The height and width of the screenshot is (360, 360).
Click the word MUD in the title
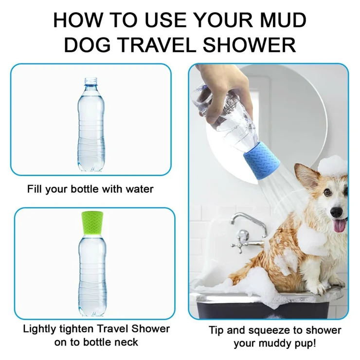284,20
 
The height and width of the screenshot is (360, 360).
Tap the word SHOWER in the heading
250,45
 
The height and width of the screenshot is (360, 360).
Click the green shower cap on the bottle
92,223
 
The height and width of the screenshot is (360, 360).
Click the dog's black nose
336,213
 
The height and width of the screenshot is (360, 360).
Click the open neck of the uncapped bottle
90,82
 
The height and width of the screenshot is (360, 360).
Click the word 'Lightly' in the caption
40,329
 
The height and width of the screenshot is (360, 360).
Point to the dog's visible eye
328,193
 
